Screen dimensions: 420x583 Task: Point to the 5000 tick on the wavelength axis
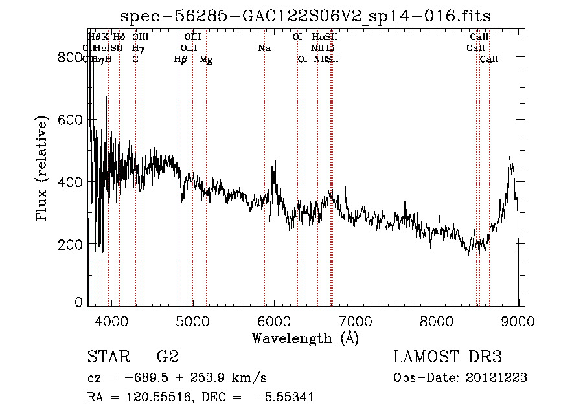pos(192,319)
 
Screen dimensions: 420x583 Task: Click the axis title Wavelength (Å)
pos(305,338)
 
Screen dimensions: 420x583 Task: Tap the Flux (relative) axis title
pos(43,170)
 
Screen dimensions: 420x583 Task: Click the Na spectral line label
pos(264,49)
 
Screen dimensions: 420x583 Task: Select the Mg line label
pos(206,60)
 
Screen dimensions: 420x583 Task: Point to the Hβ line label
pos(181,60)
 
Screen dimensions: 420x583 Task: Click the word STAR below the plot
pos(108,357)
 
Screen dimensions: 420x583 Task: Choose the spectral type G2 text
pos(168,357)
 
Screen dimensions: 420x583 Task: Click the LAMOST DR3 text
pos(448,357)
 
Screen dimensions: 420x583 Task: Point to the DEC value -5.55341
pos(286,397)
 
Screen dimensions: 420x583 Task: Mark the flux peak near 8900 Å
pos(510,157)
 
